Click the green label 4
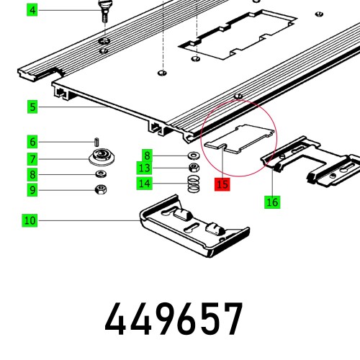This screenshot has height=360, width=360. click(32, 10)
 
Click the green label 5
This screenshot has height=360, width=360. click(32, 107)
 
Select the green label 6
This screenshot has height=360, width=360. click(32, 141)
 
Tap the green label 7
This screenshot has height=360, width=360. click(32, 158)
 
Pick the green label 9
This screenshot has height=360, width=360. click(32, 190)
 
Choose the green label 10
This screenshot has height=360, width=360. click(30, 220)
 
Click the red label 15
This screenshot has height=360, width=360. click(222, 185)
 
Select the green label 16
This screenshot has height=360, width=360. click(271, 202)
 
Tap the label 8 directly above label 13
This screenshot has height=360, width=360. click(147, 155)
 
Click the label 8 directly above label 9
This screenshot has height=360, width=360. click(32, 174)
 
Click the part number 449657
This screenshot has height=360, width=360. click(175, 319)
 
